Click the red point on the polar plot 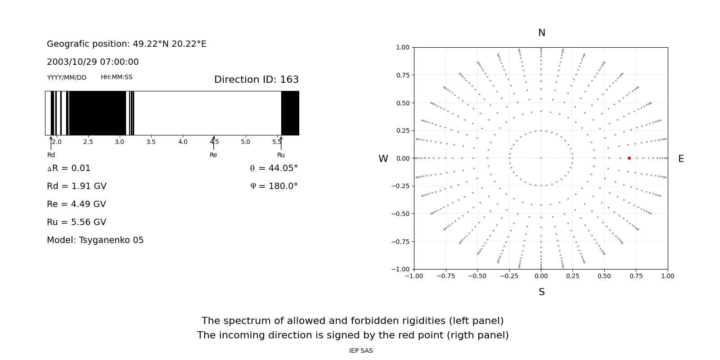[629, 158]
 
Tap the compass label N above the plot [541, 33]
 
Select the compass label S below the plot [541, 292]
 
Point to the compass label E [681, 159]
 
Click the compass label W [383, 159]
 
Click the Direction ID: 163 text [256, 80]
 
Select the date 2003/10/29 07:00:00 [93, 62]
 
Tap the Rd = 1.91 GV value [76, 186]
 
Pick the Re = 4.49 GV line [76, 204]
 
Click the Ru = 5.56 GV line [76, 222]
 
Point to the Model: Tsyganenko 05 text [95, 240]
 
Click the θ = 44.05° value [274, 168]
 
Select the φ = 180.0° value [274, 186]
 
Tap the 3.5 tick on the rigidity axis [151, 142]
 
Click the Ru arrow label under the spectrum [281, 155]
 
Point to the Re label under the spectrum [213, 155]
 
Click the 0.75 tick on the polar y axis [402, 75]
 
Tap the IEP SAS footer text [361, 351]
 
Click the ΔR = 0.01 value [69, 168]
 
